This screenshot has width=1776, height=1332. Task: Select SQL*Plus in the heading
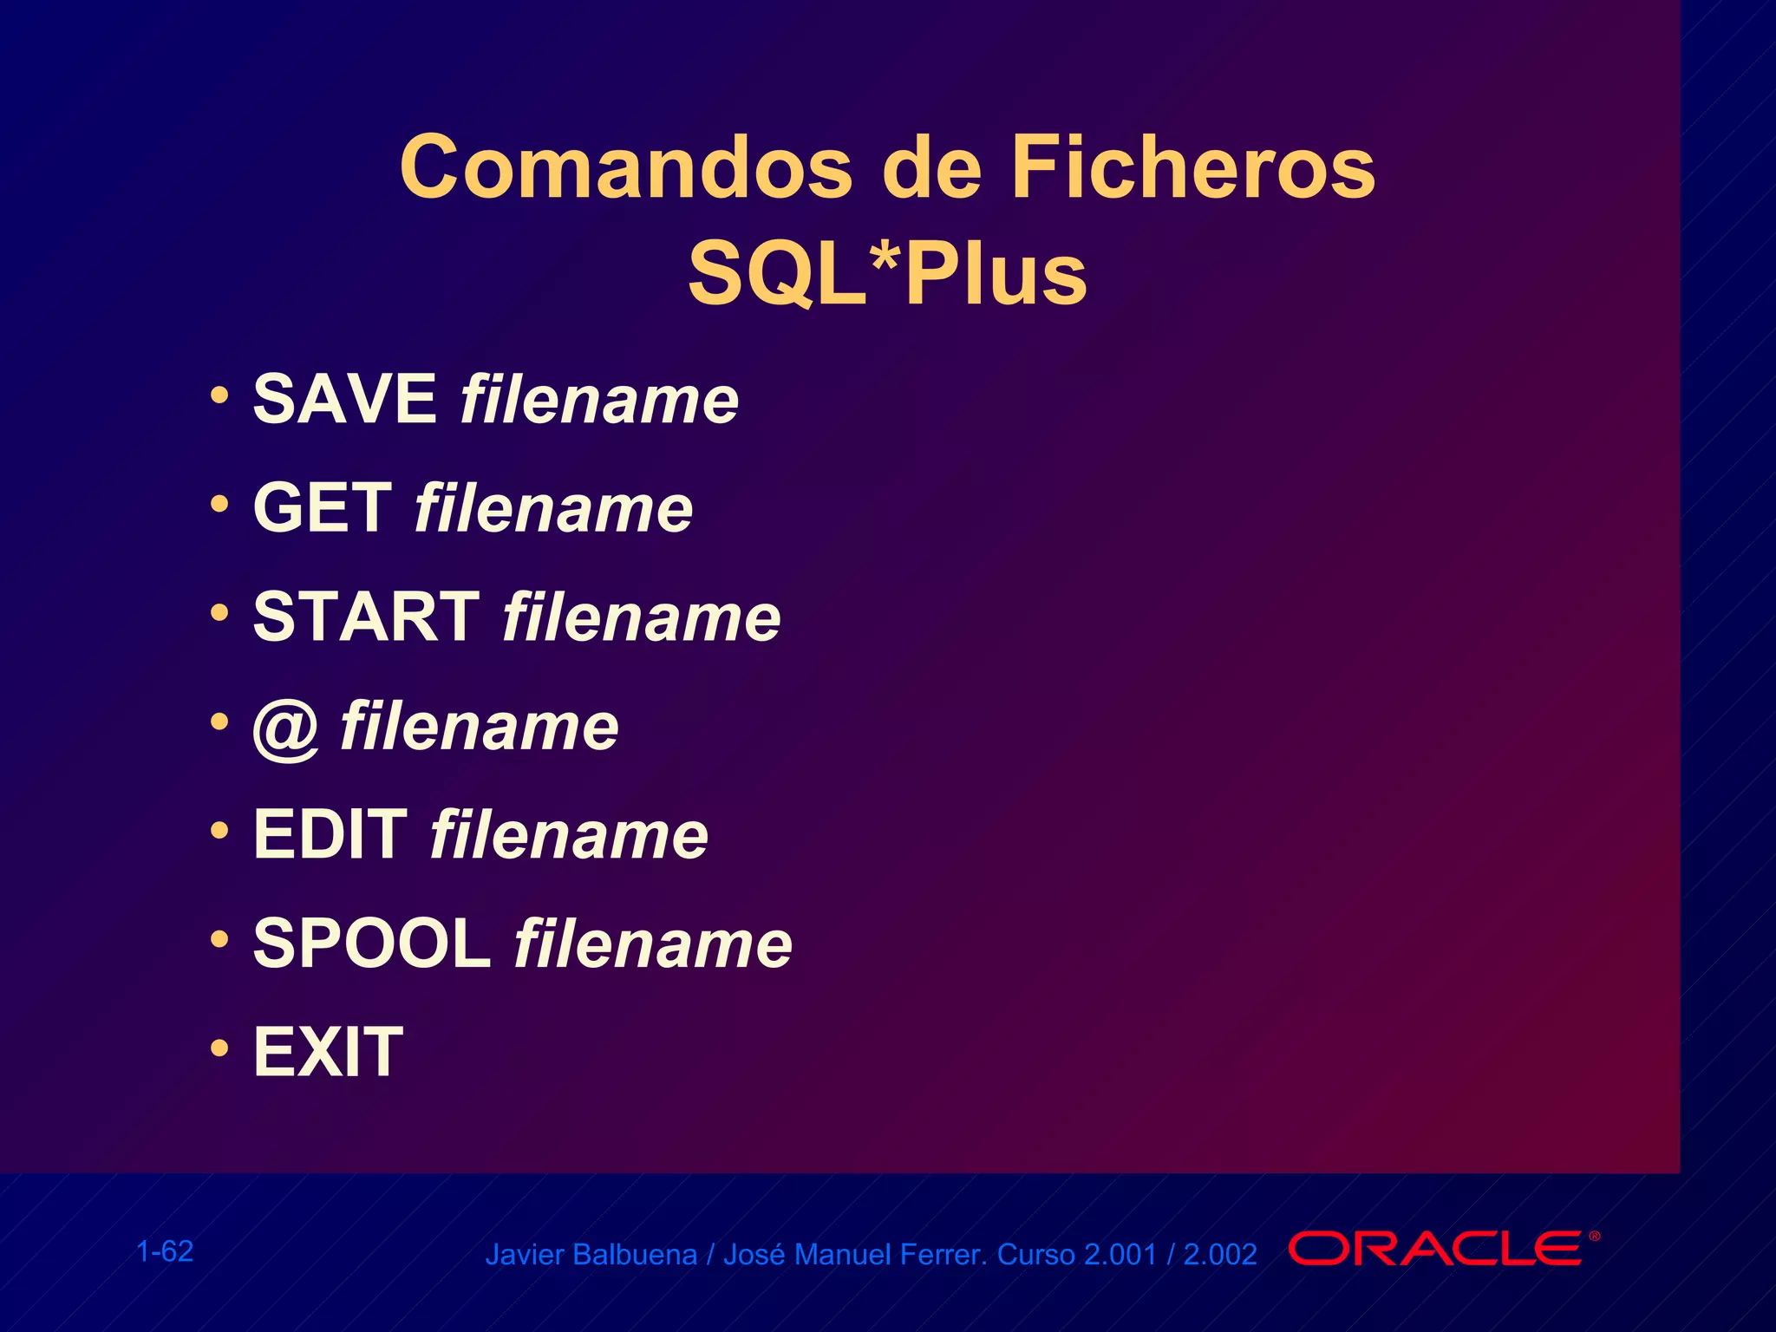pos(887,274)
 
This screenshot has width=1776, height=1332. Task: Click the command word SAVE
pos(344,399)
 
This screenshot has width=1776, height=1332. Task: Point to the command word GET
pos(322,508)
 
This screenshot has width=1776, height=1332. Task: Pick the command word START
pos(366,617)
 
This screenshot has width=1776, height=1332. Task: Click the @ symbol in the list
pos(286,728)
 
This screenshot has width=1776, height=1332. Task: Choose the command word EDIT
pos(330,834)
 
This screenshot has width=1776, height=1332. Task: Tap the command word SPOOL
pos(371,943)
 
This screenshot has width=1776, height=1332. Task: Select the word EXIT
pos(328,1052)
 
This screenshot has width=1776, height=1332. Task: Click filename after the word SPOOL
pos(653,943)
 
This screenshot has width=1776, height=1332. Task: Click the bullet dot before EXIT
pos(220,1048)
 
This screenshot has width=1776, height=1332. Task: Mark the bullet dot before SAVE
pos(220,395)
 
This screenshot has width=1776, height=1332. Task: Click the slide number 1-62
pos(165,1251)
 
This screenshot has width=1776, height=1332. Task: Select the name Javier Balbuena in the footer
pos(591,1255)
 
